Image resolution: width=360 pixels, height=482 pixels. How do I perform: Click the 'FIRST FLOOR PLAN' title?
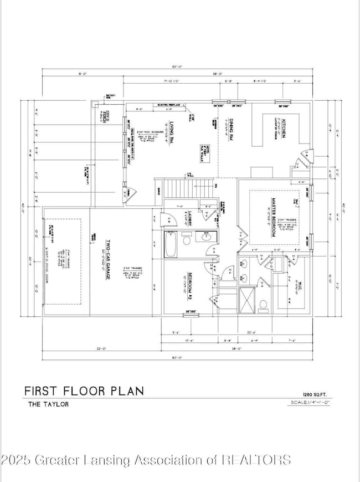[84, 391]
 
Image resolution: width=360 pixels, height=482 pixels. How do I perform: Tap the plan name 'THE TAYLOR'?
[49, 404]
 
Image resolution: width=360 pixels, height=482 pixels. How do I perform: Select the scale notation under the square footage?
[310, 402]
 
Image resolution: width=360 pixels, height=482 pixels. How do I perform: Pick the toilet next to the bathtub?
[186, 240]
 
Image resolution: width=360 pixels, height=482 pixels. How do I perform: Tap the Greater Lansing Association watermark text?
[146, 459]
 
